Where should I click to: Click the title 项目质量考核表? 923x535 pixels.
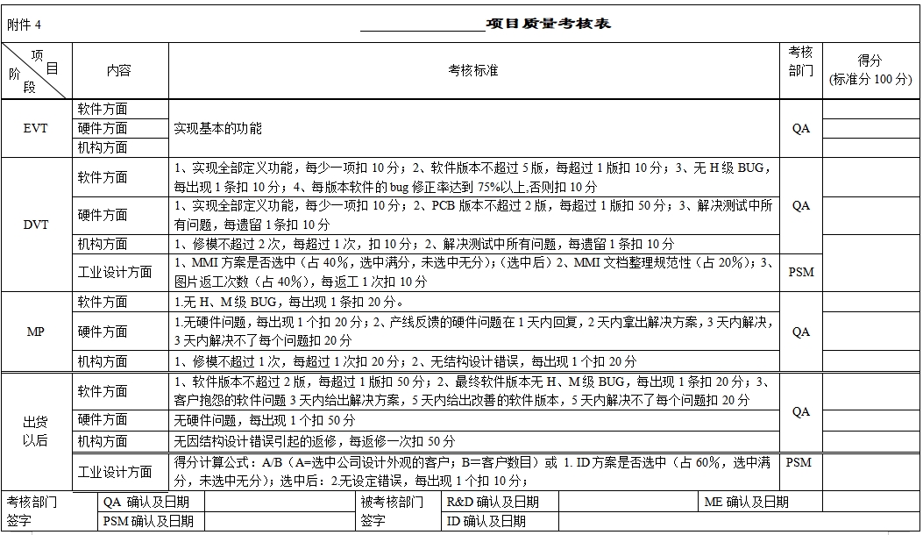coord(548,24)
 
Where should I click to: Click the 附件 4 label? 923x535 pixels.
coord(25,25)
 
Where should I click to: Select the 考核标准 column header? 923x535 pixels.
coord(473,70)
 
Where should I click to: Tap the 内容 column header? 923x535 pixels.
coord(119,70)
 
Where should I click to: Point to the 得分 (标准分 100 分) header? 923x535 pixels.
coord(870,70)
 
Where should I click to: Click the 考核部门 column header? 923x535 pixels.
coord(801,61)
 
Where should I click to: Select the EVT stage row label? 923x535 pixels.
coord(36,128)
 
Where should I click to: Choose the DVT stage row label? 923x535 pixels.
coord(36,225)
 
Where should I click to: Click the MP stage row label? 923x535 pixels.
coord(36,332)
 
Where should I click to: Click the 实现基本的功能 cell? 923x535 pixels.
coord(218,128)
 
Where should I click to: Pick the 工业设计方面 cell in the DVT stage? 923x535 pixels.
coord(115,272)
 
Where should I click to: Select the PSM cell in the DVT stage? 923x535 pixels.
coord(801,272)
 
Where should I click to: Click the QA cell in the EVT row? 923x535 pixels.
coord(801,128)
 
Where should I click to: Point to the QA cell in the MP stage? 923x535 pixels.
coord(801,332)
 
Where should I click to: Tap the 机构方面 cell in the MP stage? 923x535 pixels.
coord(103,361)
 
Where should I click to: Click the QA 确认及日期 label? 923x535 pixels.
coord(148,502)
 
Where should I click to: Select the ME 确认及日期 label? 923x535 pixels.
coord(747,502)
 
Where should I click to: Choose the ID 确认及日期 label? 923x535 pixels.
coord(486,521)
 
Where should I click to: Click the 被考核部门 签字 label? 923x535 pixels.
coord(392,511)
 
